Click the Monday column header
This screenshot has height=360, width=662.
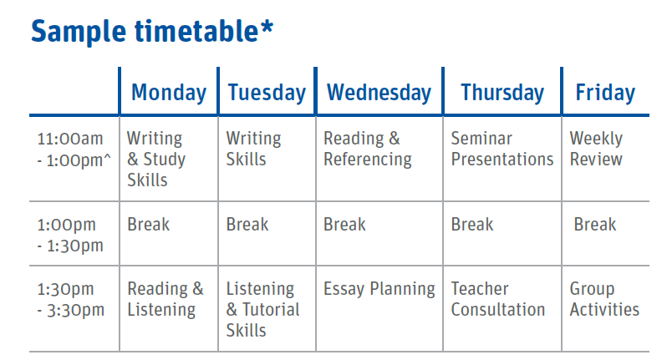pos(169,93)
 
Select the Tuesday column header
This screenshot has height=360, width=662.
pos(267,93)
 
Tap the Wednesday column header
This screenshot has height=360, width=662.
pos(379,93)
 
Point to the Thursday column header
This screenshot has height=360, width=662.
pos(502,93)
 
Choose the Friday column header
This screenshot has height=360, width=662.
pos(605,93)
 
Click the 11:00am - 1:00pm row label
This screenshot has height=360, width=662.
pos(74,149)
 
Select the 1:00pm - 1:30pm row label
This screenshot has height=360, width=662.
pos(70,235)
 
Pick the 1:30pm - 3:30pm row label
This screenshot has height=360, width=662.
pos(70,299)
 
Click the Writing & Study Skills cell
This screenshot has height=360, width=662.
pos(156,159)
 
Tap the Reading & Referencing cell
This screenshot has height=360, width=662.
pos(367,149)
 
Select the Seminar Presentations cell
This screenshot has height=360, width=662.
pos(502,149)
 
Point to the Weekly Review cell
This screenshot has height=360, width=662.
pos(596,149)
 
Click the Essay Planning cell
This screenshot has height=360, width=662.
pos(379,289)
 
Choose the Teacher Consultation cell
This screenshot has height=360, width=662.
pos(498,299)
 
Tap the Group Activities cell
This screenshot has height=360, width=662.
pos(604,299)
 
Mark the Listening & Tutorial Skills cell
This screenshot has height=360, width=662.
pos(262,309)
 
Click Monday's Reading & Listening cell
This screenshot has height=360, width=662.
pos(165,299)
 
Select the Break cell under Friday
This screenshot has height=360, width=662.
pos(595,225)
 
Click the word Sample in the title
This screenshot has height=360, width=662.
pos(79,32)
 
